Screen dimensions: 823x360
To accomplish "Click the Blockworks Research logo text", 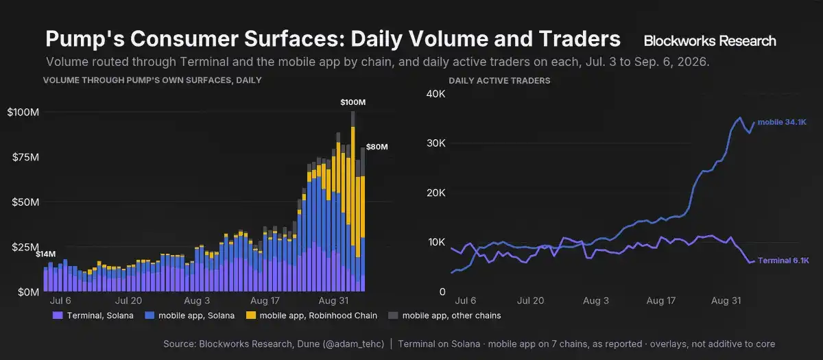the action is tap(710, 40).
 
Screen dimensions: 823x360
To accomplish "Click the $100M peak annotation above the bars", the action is tap(353, 102).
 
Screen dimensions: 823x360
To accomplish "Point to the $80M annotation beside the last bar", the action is tap(377, 147).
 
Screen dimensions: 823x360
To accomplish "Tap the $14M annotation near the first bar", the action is tap(45, 254).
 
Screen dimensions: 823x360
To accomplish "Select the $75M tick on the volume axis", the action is tap(25, 157).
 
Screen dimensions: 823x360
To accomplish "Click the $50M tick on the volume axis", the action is tap(25, 202).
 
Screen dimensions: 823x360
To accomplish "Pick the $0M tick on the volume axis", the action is tap(28, 292).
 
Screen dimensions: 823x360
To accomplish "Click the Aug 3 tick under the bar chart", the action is tap(197, 300).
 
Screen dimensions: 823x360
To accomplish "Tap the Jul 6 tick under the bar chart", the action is tap(60, 300).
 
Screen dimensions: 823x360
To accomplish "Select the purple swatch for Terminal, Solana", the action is tap(58, 315).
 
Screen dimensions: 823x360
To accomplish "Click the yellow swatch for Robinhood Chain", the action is tap(251, 315).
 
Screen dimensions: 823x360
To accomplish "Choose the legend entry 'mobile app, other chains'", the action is tap(451, 315).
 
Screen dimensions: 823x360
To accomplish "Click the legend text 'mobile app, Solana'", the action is tap(196, 315).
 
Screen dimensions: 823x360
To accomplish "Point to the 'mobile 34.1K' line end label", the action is tap(782, 122).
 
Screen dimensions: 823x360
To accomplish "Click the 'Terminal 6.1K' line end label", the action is tap(783, 261).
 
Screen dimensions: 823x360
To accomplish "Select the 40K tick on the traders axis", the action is tap(436, 94).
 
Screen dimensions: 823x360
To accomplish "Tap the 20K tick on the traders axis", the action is tap(436, 193).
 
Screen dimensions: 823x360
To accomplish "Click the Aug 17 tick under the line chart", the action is tap(661, 300).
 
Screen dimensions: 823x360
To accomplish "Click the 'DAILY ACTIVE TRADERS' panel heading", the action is tap(499, 81).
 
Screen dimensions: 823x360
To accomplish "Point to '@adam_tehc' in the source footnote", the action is tap(353, 344).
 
